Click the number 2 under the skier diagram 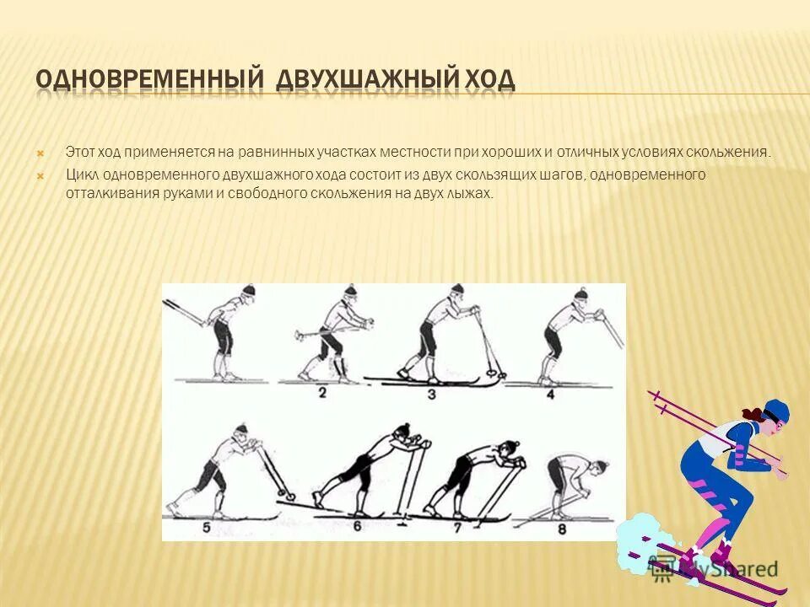click(x=322, y=393)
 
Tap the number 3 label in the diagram click(x=431, y=393)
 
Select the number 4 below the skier click(x=550, y=393)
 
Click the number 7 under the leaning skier click(x=456, y=528)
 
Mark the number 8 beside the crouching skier click(x=561, y=529)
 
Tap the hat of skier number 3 click(x=456, y=288)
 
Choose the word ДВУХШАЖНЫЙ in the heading click(x=365, y=79)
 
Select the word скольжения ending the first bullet click(x=727, y=153)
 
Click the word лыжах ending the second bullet click(x=473, y=193)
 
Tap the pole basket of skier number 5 click(x=291, y=497)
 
